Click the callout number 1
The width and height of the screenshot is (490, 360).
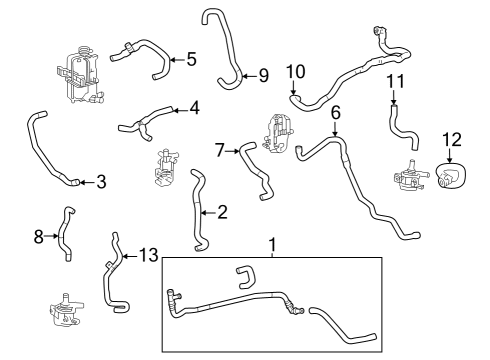pos(271,244)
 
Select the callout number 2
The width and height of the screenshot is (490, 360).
pos(222,211)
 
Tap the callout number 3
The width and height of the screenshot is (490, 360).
pos(101,182)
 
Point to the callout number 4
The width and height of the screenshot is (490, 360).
pos(194,107)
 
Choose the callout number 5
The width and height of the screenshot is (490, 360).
pos(190,59)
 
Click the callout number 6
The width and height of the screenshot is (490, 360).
pos(336,112)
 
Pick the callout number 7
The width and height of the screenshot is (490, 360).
pos(220,150)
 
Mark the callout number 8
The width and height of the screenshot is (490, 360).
pos(39,237)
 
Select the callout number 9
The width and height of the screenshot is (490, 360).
pos(263,75)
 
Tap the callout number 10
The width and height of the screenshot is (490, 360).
pos(295,72)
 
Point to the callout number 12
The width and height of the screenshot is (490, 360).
pos(451,139)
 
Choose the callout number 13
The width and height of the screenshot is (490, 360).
pos(148,256)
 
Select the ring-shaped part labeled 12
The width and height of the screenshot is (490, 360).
pos(451,175)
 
